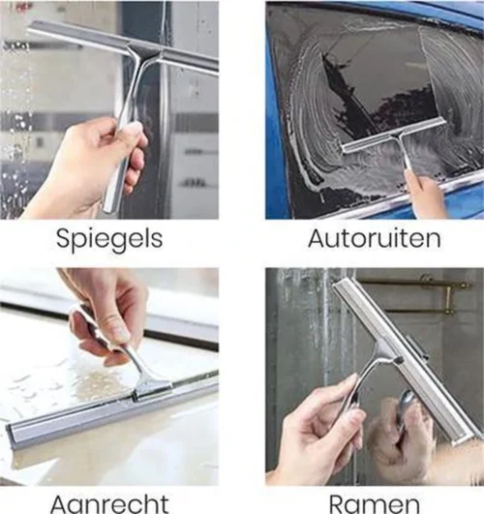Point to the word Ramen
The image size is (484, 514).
click(373, 503)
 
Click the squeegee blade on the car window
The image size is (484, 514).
click(393, 135)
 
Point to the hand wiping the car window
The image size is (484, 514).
click(426, 194)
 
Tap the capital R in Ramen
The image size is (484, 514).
click(336, 503)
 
